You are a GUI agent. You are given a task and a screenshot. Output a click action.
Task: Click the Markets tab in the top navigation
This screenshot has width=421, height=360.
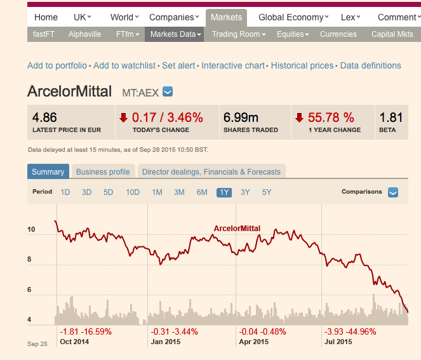(x=225, y=17)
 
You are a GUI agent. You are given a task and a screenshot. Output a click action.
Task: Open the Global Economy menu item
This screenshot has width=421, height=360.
(x=293, y=17)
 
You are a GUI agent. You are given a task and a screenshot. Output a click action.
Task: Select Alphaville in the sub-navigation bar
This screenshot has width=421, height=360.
(x=84, y=34)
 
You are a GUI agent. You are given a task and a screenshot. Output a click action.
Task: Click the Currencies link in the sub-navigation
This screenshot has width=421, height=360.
(x=338, y=34)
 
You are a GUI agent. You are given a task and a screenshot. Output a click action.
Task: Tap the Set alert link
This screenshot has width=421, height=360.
(x=178, y=65)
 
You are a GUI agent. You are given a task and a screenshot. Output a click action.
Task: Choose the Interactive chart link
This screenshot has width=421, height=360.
(x=233, y=65)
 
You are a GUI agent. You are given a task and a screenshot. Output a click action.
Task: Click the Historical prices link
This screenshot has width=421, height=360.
(x=302, y=65)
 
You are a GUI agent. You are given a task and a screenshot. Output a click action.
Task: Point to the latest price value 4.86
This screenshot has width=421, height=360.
(x=44, y=117)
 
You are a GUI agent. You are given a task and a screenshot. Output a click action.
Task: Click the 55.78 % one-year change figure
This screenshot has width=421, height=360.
(x=331, y=117)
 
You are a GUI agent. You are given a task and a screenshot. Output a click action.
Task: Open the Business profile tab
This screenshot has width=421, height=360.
(x=103, y=171)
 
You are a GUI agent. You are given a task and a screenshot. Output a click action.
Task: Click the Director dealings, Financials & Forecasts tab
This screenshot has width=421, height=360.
(x=211, y=171)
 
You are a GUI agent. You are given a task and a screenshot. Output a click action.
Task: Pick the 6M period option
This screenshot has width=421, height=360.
(x=202, y=192)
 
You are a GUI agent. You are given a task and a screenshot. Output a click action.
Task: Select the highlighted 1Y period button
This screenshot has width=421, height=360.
(x=224, y=192)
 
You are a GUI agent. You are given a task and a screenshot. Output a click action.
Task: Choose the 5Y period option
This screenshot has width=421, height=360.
(x=267, y=192)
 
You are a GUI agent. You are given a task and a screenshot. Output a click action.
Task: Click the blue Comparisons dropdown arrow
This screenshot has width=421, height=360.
(x=393, y=192)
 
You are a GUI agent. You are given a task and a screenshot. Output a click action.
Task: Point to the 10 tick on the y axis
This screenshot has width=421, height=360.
(x=30, y=229)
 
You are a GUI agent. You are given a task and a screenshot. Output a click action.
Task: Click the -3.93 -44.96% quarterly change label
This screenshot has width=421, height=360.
(x=350, y=331)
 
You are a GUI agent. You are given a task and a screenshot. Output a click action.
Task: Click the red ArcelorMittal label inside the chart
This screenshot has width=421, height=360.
(x=237, y=229)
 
